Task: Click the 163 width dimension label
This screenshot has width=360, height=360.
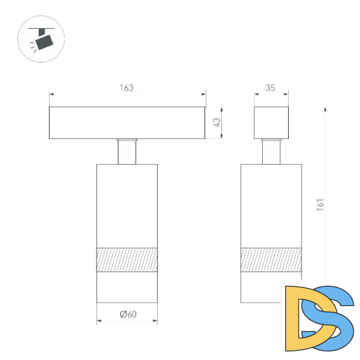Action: point(127,88)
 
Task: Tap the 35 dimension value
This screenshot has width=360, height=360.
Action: point(270,88)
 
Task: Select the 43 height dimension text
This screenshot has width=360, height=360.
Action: point(217,122)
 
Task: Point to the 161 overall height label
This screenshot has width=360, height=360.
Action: point(320,204)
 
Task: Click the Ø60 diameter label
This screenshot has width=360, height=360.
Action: point(128,314)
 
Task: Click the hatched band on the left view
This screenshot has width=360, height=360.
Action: point(127,260)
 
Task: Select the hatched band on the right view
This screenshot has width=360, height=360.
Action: point(271,260)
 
